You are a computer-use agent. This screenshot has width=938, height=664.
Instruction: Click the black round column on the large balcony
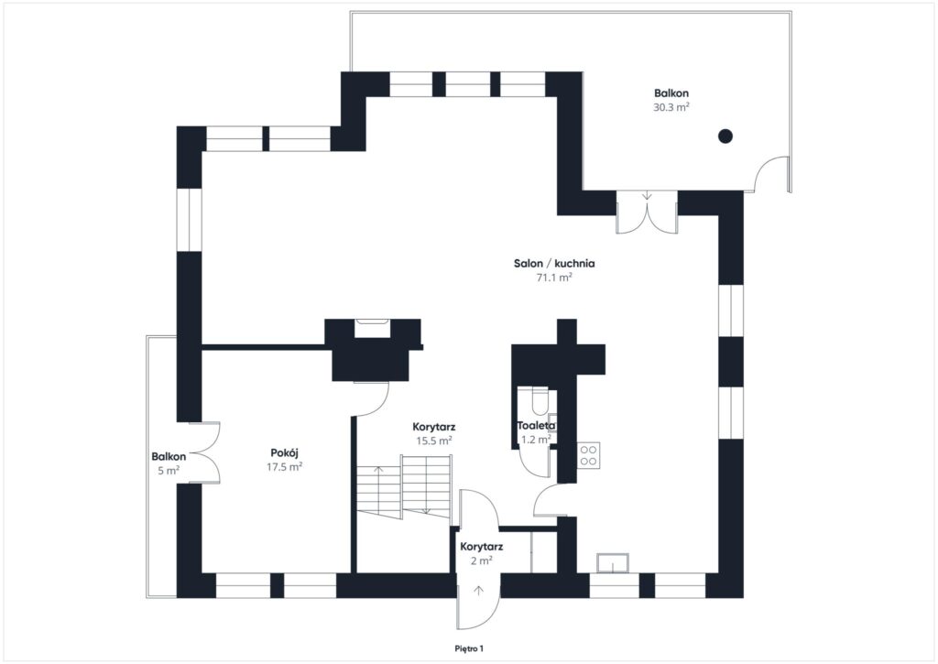725,136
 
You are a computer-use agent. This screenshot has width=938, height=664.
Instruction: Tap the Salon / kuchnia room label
554,263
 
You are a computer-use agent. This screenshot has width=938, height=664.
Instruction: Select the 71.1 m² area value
554,278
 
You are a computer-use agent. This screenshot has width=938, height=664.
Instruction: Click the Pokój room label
286,452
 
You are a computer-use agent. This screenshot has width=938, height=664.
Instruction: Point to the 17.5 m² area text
286,466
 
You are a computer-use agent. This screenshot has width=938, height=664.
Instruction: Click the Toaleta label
536,426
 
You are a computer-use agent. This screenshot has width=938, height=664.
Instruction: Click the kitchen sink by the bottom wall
610,561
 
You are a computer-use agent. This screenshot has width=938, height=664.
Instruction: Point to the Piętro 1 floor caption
469,648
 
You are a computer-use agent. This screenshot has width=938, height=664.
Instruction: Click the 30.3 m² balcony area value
671,107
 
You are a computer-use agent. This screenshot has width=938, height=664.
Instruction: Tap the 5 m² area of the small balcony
169,471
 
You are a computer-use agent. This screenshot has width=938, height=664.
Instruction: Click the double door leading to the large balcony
647,212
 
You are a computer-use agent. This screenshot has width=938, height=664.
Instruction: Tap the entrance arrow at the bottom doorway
478,591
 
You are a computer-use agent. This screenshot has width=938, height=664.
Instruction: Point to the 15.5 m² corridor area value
435,441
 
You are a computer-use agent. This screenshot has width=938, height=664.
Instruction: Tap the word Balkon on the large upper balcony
671,93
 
